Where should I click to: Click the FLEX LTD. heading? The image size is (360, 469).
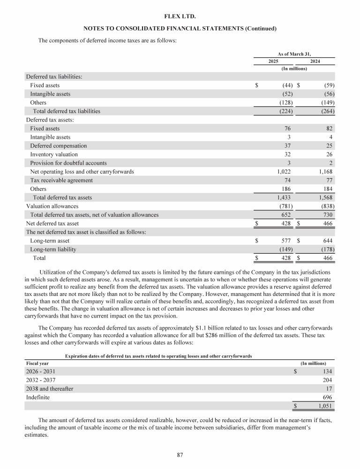click(180, 17)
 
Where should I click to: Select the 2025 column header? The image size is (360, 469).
click(273, 61)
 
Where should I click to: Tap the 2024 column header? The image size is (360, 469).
click(315, 61)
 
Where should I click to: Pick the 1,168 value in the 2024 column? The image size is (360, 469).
click(325, 172)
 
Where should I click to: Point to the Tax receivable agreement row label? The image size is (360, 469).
click(61, 180)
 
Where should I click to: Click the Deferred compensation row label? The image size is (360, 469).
click(58, 146)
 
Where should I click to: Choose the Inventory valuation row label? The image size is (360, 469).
click(54, 154)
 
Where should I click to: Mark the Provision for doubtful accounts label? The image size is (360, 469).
click(68, 163)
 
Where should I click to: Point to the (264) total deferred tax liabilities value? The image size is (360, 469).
click(326, 111)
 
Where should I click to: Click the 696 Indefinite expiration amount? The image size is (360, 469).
click(328, 397)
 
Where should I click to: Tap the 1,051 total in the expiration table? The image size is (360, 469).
click(325, 406)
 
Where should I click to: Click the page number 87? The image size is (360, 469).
click(180, 454)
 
